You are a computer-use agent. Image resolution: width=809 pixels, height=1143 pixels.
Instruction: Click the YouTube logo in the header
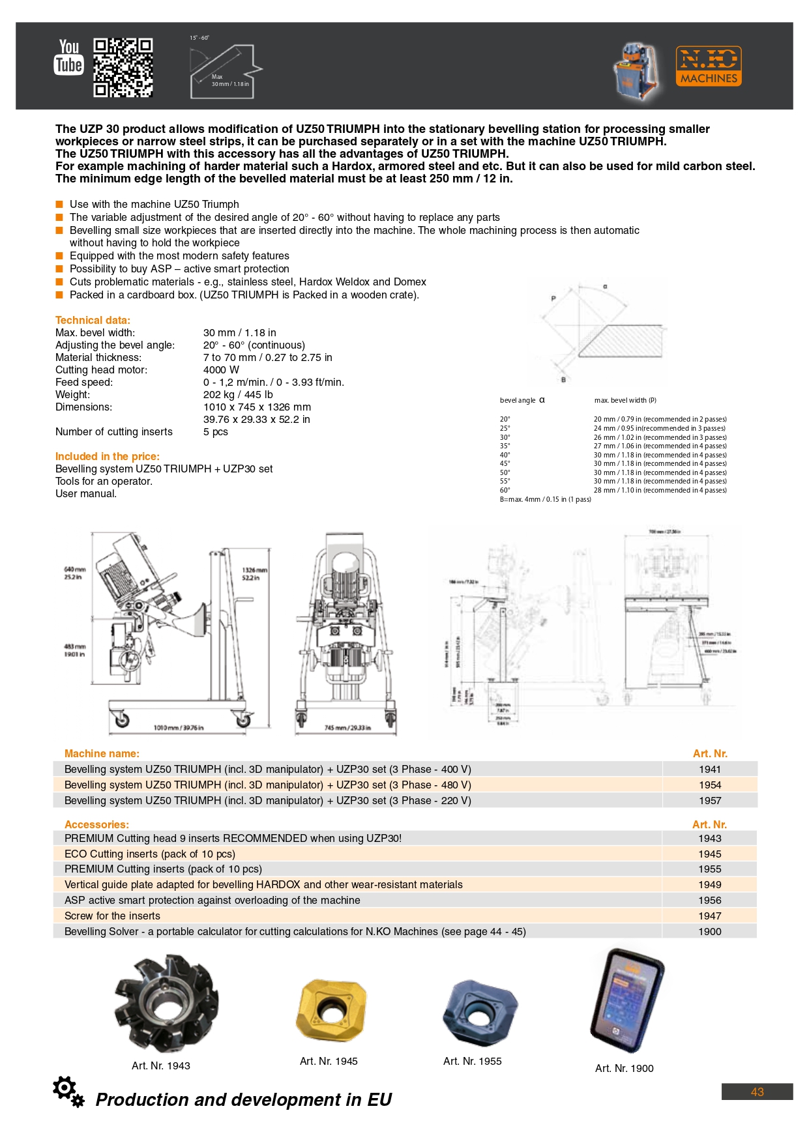[x=68, y=57]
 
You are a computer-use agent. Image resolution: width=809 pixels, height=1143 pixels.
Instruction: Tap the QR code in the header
[x=123, y=67]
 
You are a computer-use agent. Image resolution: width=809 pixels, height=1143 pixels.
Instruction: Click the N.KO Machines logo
[x=708, y=66]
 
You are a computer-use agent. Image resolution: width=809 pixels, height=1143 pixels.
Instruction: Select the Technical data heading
[x=93, y=320]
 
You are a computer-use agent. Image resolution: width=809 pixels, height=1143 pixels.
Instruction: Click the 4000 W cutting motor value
[x=221, y=369]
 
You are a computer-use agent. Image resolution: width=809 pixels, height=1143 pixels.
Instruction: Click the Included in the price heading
[x=107, y=456]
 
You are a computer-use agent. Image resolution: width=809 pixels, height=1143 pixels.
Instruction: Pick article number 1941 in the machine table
[x=710, y=769]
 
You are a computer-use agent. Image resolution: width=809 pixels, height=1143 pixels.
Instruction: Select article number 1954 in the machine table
[x=710, y=785]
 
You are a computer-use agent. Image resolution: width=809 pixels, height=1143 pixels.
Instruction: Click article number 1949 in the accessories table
[x=710, y=884]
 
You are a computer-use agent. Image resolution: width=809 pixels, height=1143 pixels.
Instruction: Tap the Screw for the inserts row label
[x=112, y=916]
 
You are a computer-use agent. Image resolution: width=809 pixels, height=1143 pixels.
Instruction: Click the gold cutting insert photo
[x=331, y=1010]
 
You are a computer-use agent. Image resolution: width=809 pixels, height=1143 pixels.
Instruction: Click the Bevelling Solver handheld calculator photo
[x=626, y=1001]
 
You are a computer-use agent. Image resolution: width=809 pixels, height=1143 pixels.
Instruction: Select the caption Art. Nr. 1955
[x=472, y=1061]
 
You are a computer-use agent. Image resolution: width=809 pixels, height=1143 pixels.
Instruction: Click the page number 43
[x=757, y=1092]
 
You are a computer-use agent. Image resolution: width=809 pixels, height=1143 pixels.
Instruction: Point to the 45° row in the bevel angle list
[x=505, y=464]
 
